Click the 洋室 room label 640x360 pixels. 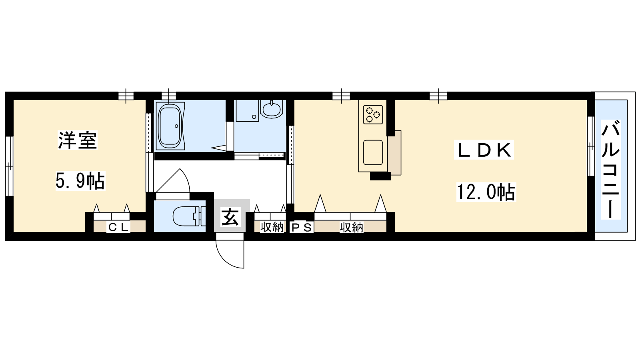tap(78, 140)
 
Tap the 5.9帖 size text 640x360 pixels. tap(80, 180)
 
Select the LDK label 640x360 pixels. tap(484, 150)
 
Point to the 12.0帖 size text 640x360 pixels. tap(486, 192)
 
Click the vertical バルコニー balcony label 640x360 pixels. tap(610, 170)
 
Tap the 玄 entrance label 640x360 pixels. tap(230, 217)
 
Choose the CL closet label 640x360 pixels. tap(118, 227)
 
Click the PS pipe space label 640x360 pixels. tap(302, 228)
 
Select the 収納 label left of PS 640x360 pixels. tap(272, 227)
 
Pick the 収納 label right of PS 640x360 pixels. tap(352, 228)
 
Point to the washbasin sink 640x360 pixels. tap(272, 109)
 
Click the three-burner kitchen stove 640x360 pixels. tap(373, 114)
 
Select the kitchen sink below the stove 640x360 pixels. tap(373, 152)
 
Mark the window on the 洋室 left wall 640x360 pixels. tap(9, 166)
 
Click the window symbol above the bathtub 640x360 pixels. tap(168, 96)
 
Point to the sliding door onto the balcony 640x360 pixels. tap(591, 146)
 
